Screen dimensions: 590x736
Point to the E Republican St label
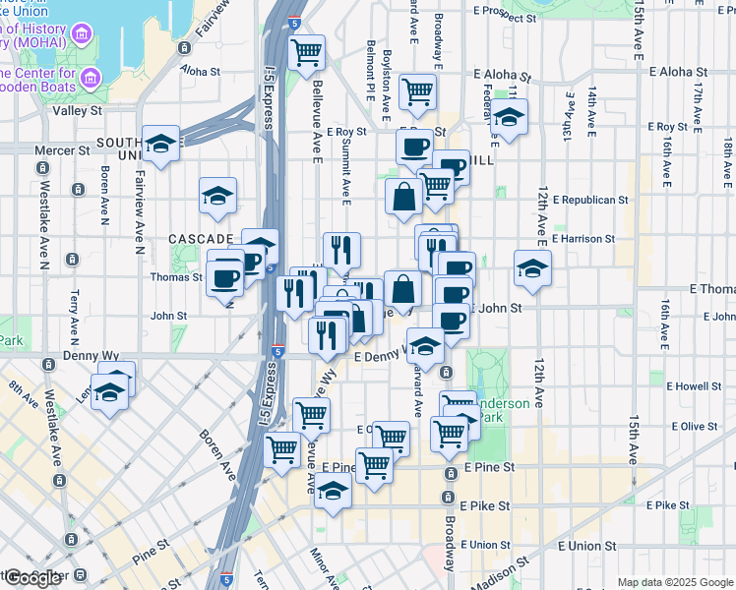[589, 200]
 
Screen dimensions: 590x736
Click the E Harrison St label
[583, 238]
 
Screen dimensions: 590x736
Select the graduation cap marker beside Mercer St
[160, 145]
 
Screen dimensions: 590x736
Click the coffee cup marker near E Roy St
[414, 147]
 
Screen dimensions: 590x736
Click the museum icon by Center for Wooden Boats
[91, 78]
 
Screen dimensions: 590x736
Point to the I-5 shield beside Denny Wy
[278, 349]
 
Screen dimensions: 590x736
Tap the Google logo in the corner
[34, 577]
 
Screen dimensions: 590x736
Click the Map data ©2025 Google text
[675, 582]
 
